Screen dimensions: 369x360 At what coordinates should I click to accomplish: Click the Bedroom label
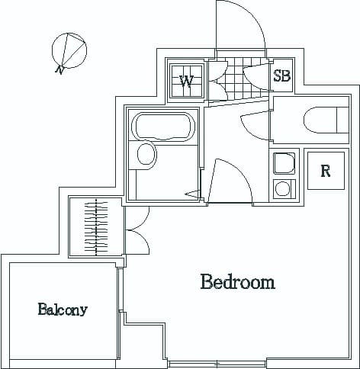coord(237,283)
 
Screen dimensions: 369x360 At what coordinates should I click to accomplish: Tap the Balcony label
coord(63,310)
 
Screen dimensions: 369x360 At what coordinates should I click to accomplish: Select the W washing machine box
coord(186,81)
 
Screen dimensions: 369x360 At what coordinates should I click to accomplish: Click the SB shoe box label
coord(281,75)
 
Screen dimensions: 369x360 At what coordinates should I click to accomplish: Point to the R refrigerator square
coord(325,171)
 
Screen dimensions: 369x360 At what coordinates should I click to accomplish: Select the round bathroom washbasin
coord(146,157)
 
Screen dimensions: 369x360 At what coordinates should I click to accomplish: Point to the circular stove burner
coord(283,188)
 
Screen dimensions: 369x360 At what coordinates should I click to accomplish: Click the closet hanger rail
coord(96,226)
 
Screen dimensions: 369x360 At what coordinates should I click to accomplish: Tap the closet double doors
coord(137,229)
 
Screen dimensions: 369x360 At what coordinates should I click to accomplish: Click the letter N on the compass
coord(59,69)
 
